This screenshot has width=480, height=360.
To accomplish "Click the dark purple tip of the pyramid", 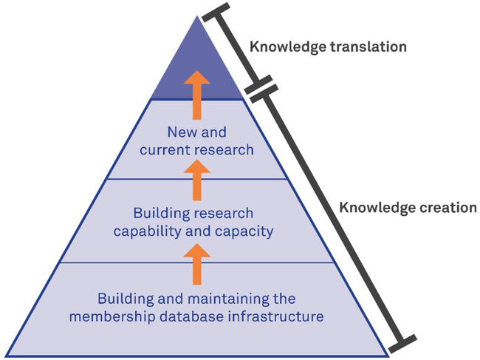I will (196, 59).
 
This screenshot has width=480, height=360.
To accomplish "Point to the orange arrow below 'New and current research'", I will (196, 180).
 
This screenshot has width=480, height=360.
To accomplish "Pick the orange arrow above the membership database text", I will (196, 265).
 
